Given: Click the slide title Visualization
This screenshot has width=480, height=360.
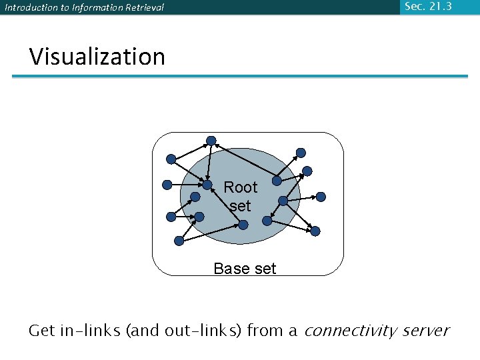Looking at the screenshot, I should (97, 57).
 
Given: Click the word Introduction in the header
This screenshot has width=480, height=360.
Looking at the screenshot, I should (29, 8).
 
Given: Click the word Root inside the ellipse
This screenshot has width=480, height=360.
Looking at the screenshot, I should (240, 187).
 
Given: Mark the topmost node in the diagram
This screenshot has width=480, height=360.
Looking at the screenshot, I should (211, 141).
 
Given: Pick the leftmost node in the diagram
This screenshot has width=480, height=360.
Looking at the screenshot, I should (167, 185).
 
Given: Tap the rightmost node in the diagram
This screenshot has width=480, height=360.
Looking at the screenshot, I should (321, 197).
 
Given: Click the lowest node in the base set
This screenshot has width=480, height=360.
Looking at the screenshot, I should (179, 241).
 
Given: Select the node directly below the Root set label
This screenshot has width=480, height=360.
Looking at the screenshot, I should (243, 225).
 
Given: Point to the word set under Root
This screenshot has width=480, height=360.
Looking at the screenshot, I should (240, 206).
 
